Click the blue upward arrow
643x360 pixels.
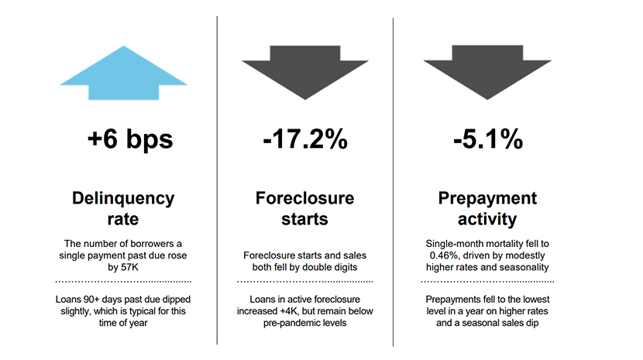click(123, 74)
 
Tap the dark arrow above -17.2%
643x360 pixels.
click(305, 70)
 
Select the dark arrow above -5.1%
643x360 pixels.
click(487, 70)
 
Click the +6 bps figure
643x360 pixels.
click(130, 139)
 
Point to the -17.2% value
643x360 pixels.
click(305, 139)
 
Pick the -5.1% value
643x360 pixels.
click(488, 139)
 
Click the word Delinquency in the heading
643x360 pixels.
click(123, 199)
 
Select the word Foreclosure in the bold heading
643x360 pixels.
click(304, 198)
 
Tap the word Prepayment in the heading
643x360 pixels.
click(487, 199)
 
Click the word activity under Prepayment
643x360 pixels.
click(487, 219)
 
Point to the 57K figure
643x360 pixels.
click(129, 267)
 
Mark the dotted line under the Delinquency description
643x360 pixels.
click(123, 282)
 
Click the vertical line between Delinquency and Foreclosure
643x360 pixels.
click(217, 180)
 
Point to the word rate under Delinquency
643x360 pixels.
click(123, 219)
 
